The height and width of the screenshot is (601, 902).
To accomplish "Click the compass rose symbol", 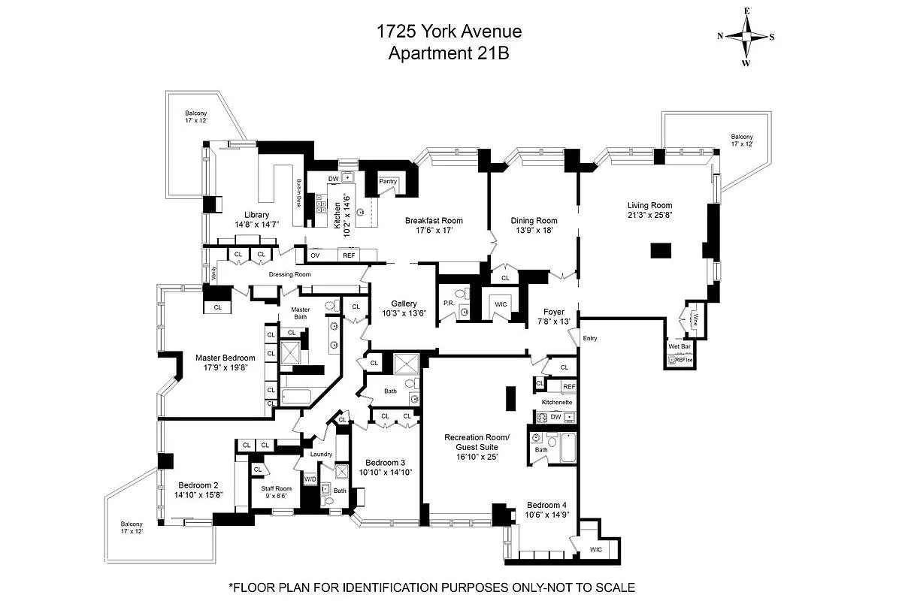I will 746,37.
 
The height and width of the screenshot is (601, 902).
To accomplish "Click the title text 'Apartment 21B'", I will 449,53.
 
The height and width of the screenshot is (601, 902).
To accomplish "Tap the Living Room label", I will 650,205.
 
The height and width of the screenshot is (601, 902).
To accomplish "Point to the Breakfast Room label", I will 434,220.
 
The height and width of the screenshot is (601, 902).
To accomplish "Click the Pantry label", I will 388,181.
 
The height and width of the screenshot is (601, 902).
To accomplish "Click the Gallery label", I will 404,304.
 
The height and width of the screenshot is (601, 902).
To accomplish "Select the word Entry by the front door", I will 590,339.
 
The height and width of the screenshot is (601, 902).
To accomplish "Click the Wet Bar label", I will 680,347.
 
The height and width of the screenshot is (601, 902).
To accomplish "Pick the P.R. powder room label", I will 448,304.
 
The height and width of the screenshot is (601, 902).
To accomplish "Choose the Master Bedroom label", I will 225,358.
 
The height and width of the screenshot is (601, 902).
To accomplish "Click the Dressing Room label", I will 289,274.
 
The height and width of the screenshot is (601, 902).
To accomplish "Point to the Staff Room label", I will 276,488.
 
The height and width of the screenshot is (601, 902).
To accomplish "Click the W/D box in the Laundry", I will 310,479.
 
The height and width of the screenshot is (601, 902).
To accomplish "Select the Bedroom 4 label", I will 544,504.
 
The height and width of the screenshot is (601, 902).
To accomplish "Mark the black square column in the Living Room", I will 661,251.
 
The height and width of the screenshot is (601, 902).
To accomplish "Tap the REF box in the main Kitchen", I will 349,255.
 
